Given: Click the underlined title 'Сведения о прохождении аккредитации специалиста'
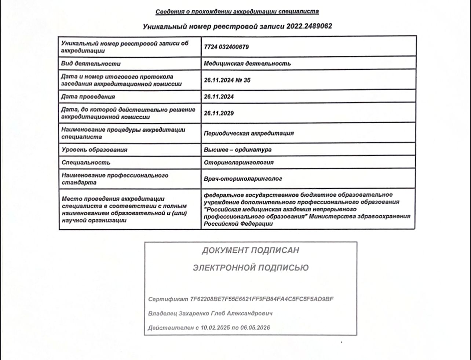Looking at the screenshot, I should [x=237, y=11].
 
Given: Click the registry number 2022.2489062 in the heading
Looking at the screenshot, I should [x=309, y=26].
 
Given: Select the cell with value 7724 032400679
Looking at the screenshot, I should [x=226, y=47].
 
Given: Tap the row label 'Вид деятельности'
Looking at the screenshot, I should [x=91, y=63].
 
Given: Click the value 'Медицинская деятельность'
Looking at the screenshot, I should [x=247, y=63].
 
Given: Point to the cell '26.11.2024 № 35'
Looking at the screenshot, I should [x=227, y=80].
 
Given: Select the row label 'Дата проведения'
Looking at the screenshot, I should [x=88, y=97].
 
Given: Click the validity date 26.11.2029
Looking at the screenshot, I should [x=219, y=113].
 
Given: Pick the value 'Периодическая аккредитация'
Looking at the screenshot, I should [x=249, y=133].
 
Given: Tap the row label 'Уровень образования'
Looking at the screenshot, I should [x=94, y=150].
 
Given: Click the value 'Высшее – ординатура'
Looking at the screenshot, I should [x=238, y=150].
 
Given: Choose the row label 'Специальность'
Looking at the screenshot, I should [x=86, y=163].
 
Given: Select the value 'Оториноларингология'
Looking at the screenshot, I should [x=239, y=163].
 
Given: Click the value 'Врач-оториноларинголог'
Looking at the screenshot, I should [x=243, y=179].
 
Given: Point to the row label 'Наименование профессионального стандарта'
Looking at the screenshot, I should [x=115, y=179].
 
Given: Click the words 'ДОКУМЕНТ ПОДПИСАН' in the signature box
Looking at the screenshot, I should [x=251, y=250].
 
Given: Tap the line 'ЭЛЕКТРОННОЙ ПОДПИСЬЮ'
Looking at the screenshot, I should [x=251, y=268].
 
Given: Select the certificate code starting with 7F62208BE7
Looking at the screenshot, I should [x=262, y=299].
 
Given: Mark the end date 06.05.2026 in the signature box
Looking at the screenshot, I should [x=255, y=328].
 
